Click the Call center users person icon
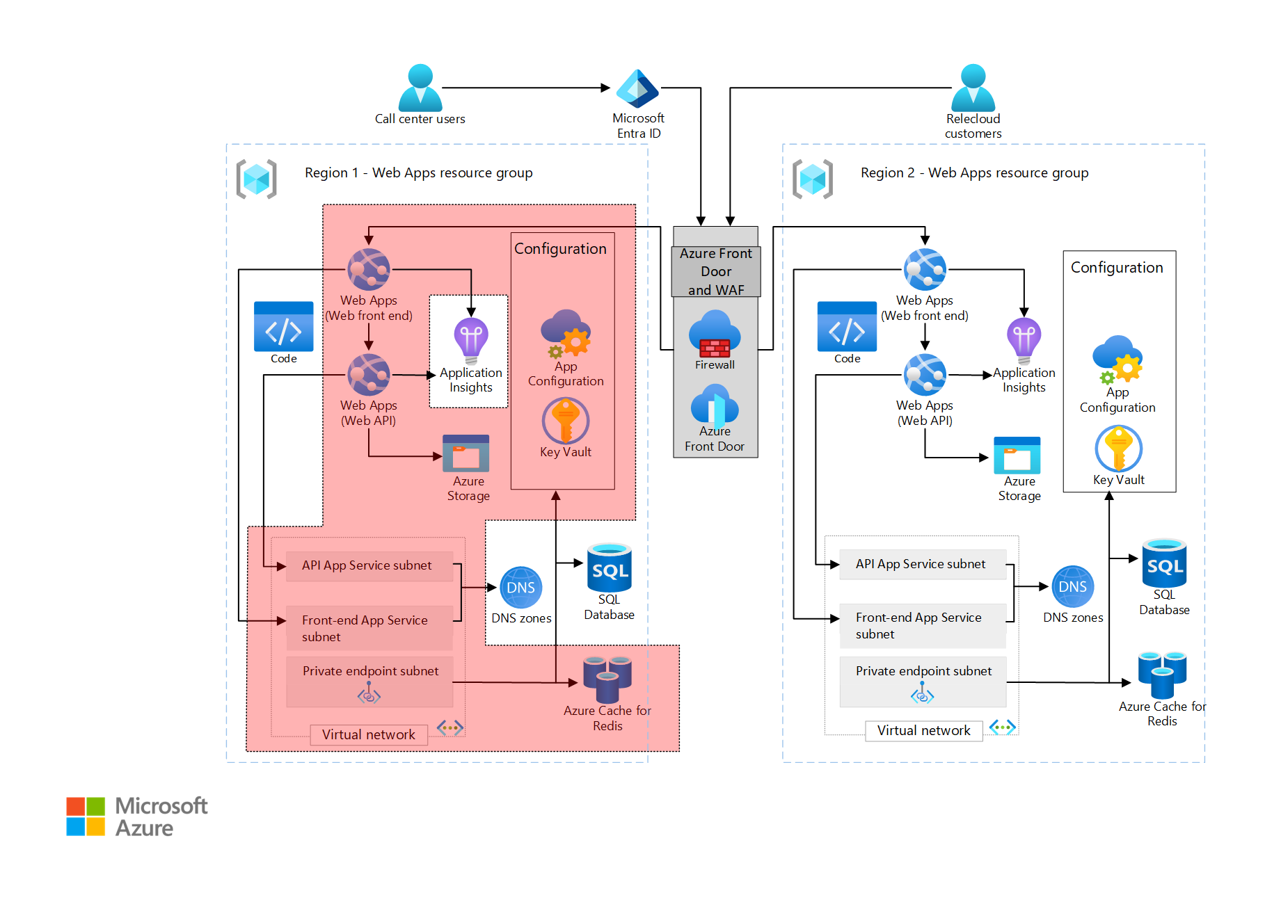coord(420,88)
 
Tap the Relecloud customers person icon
coord(973,88)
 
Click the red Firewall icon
coord(715,347)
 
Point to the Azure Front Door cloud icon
coord(715,406)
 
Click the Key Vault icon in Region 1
coord(565,421)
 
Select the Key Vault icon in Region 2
coord(1118,449)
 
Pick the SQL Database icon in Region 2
coord(1164,563)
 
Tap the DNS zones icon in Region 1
coord(520,588)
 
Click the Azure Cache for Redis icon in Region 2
coord(1162,675)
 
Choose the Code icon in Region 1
coord(283,327)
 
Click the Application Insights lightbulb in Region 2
coord(1024,340)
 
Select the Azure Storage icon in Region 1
coord(466,453)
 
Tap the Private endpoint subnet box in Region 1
coord(369,682)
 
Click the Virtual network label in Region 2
coord(923,730)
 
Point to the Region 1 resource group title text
coord(418,172)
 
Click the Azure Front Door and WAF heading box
coord(715,271)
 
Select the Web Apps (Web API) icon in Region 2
coord(924,375)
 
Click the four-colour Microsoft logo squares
coord(86,816)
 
